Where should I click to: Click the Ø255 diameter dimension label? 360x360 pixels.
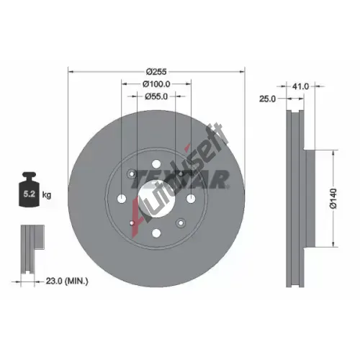coord(156,71)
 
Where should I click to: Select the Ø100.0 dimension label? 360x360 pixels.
coord(156,84)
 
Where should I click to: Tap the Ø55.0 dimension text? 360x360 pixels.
coord(156,96)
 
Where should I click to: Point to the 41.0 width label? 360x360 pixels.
coord(301,86)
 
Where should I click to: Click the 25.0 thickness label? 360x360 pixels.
coord(268,99)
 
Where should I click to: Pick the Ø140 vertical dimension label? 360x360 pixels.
coord(333,199)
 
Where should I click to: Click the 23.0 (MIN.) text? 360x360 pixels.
coord(67,281)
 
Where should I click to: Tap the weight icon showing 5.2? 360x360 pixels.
coord(30,189)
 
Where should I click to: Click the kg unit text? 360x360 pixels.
coord(47,195)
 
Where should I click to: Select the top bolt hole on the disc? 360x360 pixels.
coord(156,164)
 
